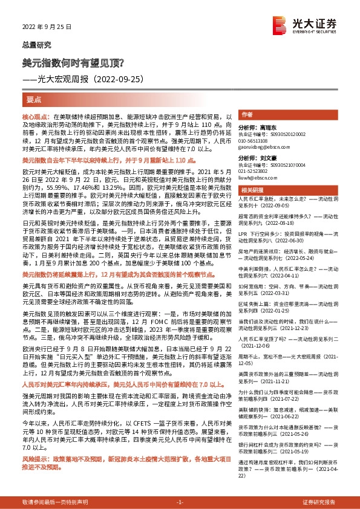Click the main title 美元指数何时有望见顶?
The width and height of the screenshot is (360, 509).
pyautogui.click(x=73, y=62)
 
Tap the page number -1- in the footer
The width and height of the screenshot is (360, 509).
pyautogui.click(x=180, y=502)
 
